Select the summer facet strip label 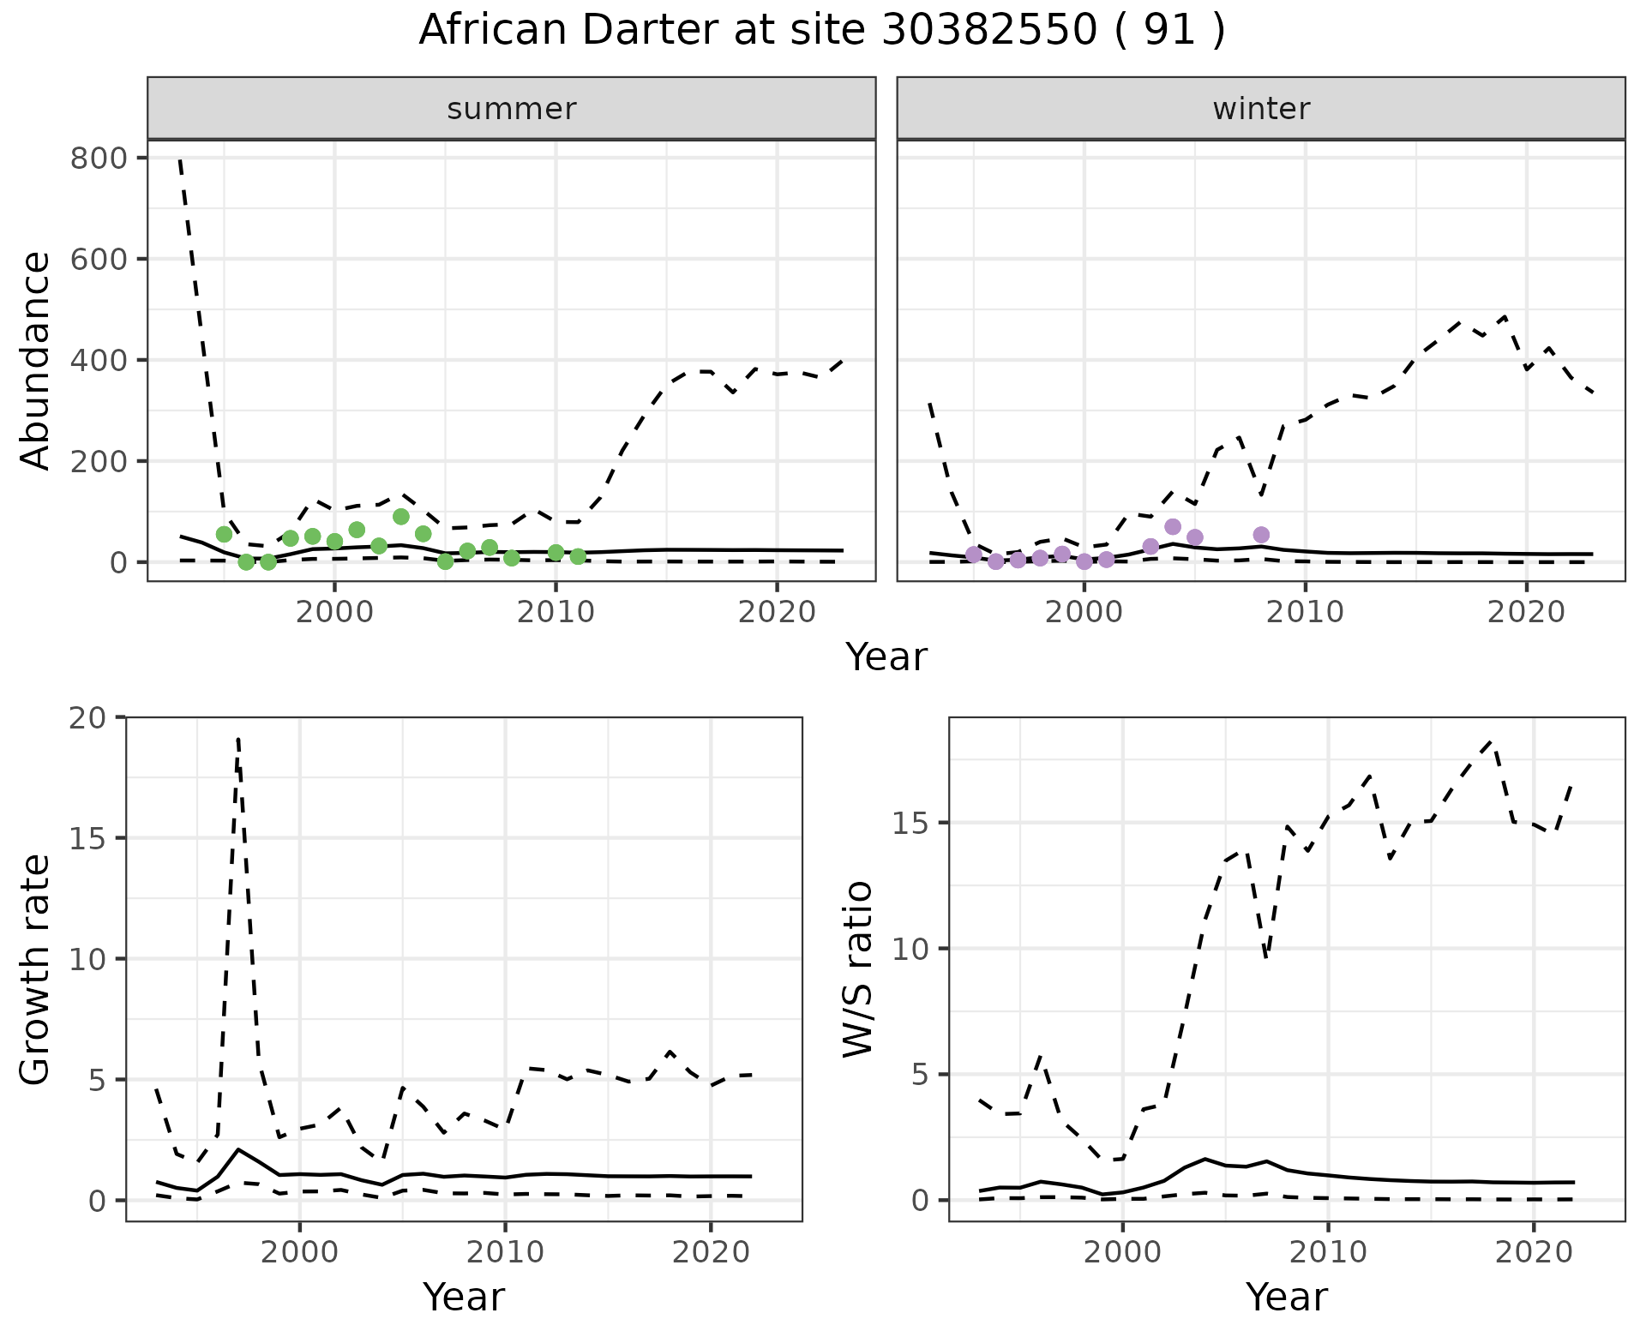(x=512, y=109)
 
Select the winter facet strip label (x=1261, y=109)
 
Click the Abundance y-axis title (x=36, y=360)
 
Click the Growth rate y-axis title (x=36, y=969)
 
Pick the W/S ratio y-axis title (x=858, y=969)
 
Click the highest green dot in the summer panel (x=400, y=516)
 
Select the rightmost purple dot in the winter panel (x=1261, y=535)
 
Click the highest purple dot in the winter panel (x=1173, y=526)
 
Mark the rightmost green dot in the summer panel (x=578, y=556)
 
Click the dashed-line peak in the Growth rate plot (x=237, y=738)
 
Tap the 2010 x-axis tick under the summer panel (x=556, y=612)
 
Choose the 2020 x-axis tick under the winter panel (x=1526, y=612)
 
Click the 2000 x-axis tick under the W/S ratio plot (x=1122, y=1252)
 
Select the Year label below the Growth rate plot (x=464, y=1297)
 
